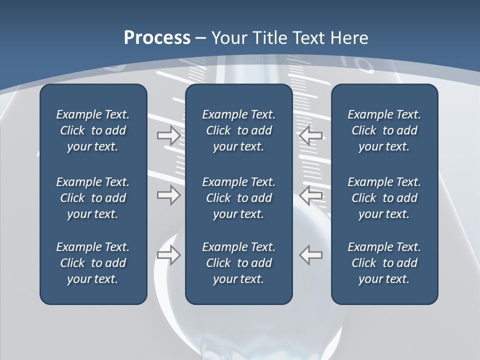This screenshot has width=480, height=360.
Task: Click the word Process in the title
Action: coord(157,38)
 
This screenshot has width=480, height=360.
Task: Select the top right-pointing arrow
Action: coord(169,135)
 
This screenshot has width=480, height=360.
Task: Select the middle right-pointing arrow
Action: coord(169,195)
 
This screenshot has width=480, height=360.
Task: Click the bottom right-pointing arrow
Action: coord(169,255)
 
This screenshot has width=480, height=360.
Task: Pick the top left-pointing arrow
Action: coord(311,135)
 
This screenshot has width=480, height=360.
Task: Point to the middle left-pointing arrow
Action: coord(311,195)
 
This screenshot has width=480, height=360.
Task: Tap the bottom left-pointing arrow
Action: coord(311,255)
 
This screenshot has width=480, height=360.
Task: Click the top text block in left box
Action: coord(93,130)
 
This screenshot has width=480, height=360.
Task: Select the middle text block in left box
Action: coord(93,198)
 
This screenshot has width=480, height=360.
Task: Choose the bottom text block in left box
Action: coord(93,263)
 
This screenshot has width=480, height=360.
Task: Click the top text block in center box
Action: coord(239,130)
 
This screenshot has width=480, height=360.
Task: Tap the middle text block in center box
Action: coord(239,198)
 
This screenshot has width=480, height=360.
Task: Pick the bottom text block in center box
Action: coord(239,263)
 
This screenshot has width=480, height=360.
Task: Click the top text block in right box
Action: coord(384,130)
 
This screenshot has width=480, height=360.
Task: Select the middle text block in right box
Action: coord(384,198)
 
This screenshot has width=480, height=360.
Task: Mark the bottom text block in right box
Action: coord(384,263)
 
